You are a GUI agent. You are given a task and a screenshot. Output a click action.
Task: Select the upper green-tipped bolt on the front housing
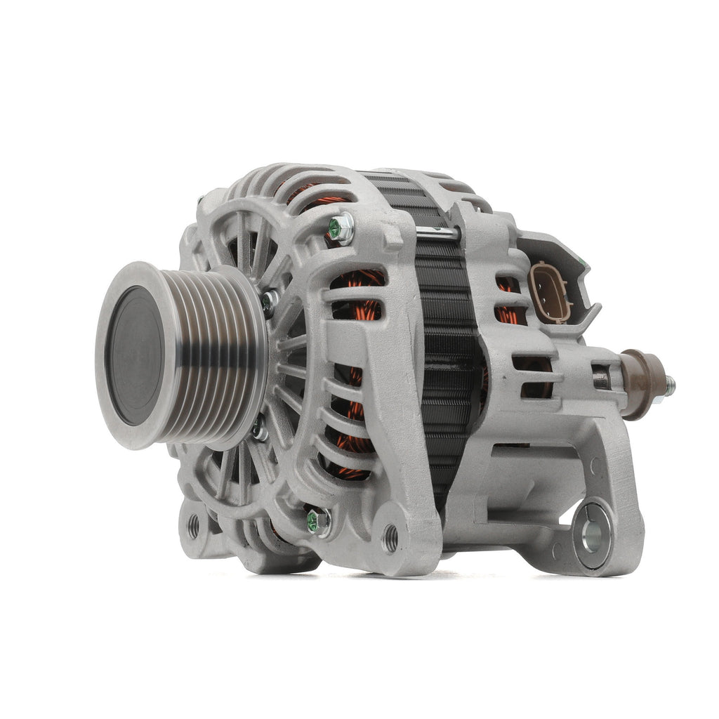pyautogui.click(x=341, y=228)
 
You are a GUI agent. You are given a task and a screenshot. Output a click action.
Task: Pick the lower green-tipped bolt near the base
pyautogui.click(x=318, y=521)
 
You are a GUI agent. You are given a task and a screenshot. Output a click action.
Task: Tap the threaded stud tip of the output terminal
pyautogui.click(x=671, y=385)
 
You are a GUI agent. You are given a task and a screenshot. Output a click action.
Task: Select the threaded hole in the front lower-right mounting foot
pyautogui.click(x=390, y=538)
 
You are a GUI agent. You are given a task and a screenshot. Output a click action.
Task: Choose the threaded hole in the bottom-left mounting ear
pyautogui.click(x=193, y=525)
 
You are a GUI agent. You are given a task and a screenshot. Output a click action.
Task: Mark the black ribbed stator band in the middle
pyautogui.click(x=446, y=351)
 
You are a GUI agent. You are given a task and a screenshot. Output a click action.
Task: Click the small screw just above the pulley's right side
pyautogui.click(x=269, y=302)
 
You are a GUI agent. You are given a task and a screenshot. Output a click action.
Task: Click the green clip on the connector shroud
pyautogui.click(x=581, y=263)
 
